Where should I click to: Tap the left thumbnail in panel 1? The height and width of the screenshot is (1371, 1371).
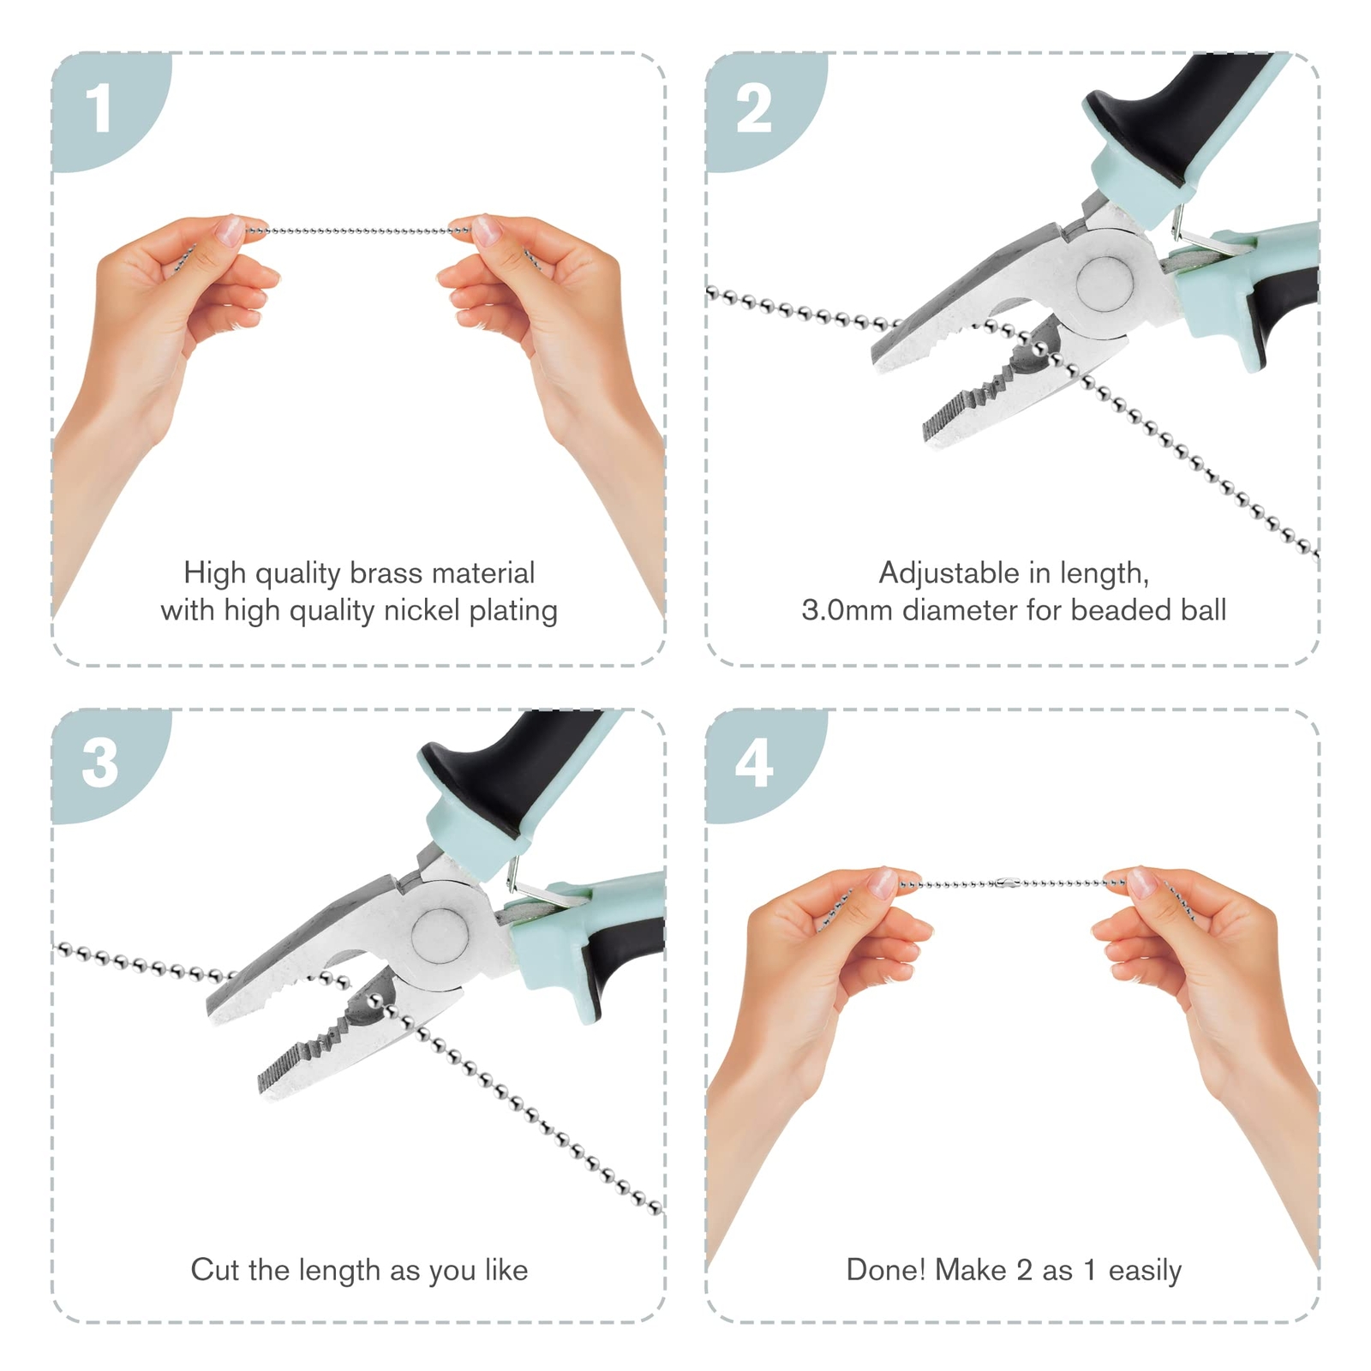(x=230, y=229)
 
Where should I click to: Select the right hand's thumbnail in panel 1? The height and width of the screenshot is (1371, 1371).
(x=486, y=229)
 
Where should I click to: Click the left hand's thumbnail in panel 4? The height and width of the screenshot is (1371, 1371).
(x=883, y=883)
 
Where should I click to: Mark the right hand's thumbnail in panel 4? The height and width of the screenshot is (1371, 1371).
(x=1141, y=883)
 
